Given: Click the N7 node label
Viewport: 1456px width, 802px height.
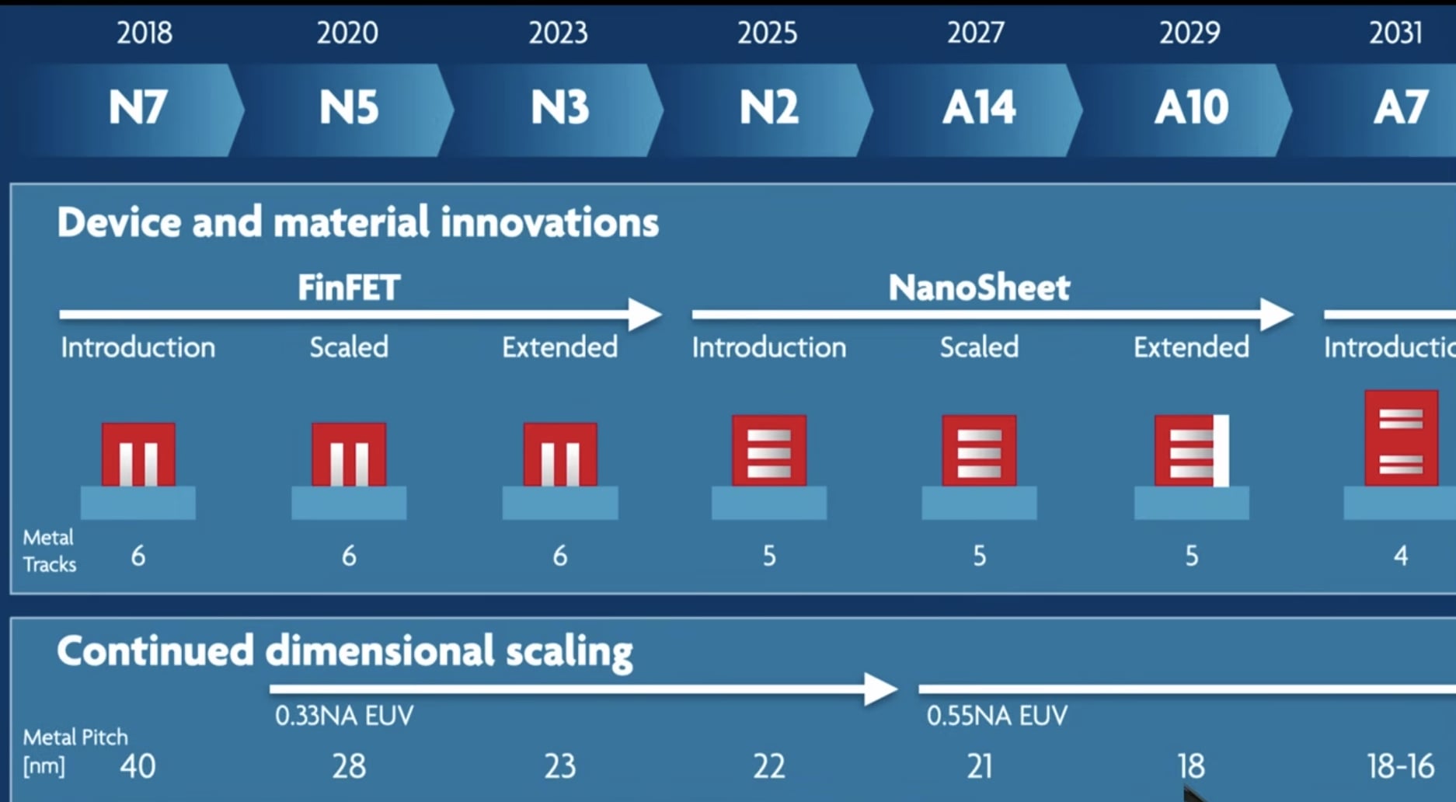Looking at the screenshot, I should coord(138,107).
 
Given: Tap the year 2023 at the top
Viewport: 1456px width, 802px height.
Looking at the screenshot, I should coord(558,33).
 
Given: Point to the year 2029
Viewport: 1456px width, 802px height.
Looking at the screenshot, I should coord(1190,33).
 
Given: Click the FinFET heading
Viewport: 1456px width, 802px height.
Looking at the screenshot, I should coord(349,288).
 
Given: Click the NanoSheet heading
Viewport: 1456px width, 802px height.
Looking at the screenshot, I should coord(979,288).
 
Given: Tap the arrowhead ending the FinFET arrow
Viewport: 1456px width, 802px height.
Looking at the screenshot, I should coord(645,315).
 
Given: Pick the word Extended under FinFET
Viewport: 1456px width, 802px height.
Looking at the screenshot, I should coord(559,347).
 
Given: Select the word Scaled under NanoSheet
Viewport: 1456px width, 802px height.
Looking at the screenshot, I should coord(979,347).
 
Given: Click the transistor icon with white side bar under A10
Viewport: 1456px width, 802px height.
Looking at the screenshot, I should coord(1191,452).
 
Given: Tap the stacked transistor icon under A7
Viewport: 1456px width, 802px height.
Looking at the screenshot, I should coord(1401,439).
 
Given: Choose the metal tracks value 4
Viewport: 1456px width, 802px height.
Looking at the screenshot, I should coord(1401,556).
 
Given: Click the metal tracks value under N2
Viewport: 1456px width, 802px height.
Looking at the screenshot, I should coord(768,556).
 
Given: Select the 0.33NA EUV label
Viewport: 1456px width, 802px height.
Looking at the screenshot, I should coord(344,716).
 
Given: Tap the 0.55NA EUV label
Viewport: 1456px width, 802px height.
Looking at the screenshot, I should coord(997,716).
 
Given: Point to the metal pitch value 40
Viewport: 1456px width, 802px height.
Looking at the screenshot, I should coord(138,766).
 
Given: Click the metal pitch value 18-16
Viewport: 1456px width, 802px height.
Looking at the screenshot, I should coord(1400,766).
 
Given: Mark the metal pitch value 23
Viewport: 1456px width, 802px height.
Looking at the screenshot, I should coord(559,766).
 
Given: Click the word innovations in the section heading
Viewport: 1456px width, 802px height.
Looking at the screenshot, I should coord(549,222).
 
